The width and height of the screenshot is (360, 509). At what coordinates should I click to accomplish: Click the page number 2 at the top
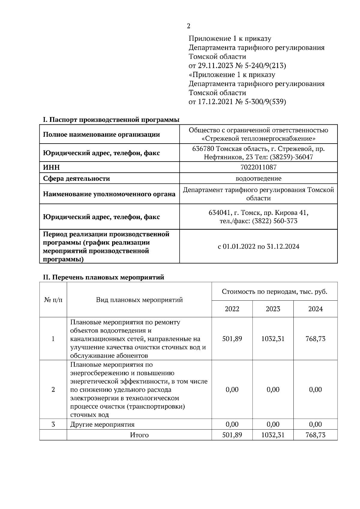(x=188, y=26)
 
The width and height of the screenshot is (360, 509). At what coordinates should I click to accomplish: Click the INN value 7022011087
(x=258, y=167)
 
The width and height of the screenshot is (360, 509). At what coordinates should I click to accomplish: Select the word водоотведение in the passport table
(x=258, y=179)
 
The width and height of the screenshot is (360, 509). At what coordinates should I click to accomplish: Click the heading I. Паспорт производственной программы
(x=111, y=120)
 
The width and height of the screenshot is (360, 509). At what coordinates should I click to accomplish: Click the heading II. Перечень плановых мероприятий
(x=103, y=277)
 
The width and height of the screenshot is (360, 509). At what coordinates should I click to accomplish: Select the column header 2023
(x=273, y=309)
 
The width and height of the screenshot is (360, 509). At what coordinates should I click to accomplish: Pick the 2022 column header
(x=232, y=309)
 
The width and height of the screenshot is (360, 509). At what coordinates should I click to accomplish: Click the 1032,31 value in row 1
(x=273, y=339)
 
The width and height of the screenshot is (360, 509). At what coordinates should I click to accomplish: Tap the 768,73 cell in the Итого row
(x=315, y=435)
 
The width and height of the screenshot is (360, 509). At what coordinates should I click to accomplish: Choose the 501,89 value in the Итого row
(x=232, y=435)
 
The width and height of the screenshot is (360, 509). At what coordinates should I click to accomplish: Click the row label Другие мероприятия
(x=102, y=424)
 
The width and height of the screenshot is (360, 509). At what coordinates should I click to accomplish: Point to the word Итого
(x=139, y=435)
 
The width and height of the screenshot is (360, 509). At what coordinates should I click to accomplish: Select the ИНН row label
(x=51, y=167)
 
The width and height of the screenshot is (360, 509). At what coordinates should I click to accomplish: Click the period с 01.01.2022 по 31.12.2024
(x=258, y=247)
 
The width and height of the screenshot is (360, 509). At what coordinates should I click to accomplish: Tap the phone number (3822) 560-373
(x=274, y=221)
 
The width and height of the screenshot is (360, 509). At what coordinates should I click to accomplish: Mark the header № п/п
(x=53, y=300)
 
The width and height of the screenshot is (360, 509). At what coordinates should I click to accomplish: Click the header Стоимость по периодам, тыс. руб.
(x=274, y=292)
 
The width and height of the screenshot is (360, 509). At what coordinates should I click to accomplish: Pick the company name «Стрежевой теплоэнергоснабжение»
(x=258, y=139)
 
